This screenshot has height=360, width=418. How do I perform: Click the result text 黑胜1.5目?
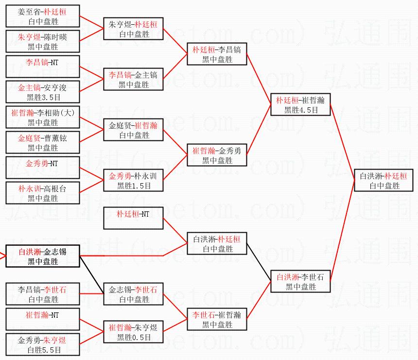[134, 186]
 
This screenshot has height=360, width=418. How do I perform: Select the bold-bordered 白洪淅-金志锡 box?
[42, 257]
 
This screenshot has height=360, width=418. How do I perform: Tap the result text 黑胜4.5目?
[301, 110]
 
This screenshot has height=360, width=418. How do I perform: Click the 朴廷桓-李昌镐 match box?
[217, 54]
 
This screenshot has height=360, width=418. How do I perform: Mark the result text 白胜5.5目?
[43, 350]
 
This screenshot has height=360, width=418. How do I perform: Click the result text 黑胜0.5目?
[134, 337]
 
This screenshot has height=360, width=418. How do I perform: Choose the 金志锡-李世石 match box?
[134, 294]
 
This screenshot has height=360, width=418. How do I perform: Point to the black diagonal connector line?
[92, 275]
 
